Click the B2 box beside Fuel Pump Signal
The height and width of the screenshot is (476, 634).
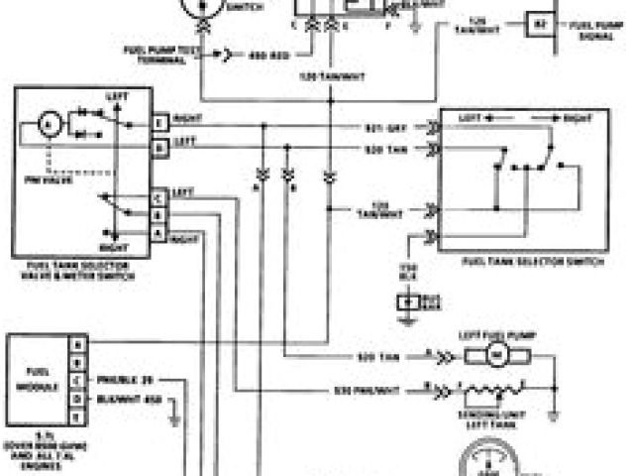click(540, 22)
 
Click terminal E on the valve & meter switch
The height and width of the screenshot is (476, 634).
click(158, 123)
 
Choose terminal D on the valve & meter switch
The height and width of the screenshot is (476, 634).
click(158, 145)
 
